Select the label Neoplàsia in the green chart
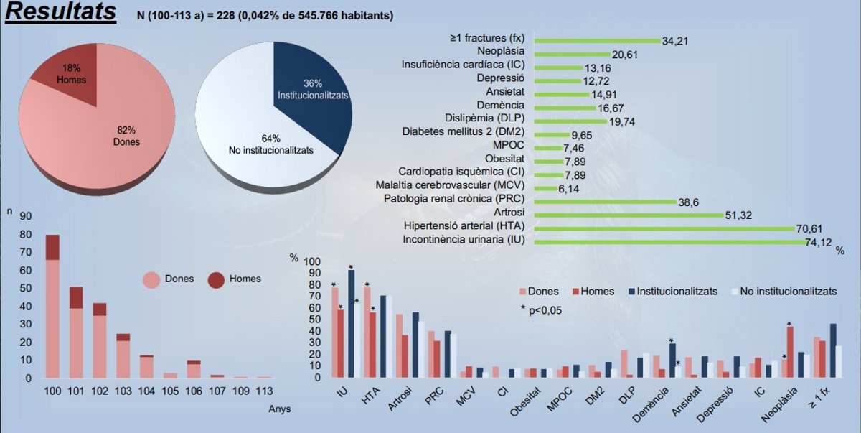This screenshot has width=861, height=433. tap(501, 51)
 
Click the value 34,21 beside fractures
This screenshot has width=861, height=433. tap(675, 41)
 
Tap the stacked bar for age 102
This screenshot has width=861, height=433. tap(100, 340)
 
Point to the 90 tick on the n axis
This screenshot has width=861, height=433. tap(26, 216)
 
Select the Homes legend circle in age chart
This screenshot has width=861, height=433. tap(217, 279)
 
